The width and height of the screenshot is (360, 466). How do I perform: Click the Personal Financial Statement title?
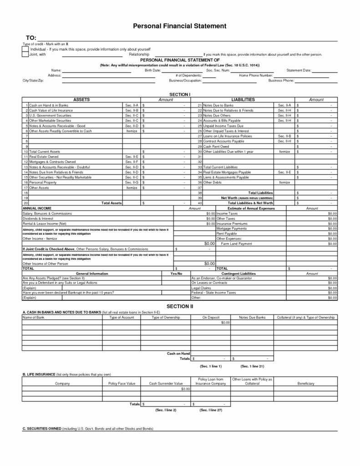point(179,26)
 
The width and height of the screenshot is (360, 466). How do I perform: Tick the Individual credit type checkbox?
point(25,49)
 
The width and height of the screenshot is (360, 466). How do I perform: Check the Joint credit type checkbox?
point(25,54)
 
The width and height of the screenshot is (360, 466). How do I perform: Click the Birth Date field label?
point(152,70)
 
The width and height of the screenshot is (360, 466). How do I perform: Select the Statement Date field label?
point(299,70)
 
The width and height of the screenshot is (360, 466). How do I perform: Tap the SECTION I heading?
point(179,94)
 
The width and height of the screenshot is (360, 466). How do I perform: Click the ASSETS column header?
point(81,99)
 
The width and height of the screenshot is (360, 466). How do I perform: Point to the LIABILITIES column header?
point(243,99)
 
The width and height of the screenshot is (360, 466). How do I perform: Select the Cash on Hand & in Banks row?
point(49,105)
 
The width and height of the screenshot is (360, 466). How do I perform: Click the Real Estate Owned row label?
point(45,157)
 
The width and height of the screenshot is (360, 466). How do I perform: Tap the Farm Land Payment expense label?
point(236,244)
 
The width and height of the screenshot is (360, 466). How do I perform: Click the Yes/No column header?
point(176,274)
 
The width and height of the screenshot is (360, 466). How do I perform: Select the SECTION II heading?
point(179,306)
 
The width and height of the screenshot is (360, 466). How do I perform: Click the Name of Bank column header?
point(33,317)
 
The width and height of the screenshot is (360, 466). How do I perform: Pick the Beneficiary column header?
point(306,384)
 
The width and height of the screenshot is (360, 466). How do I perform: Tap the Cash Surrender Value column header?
point(166,384)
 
